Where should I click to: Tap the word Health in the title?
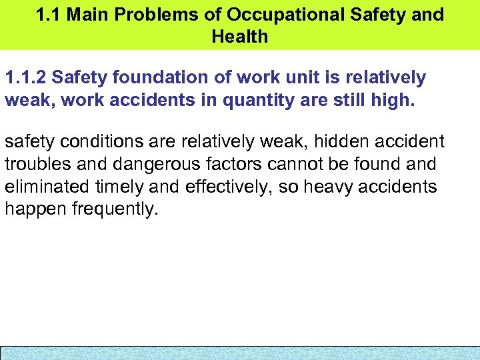point(240,37)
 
